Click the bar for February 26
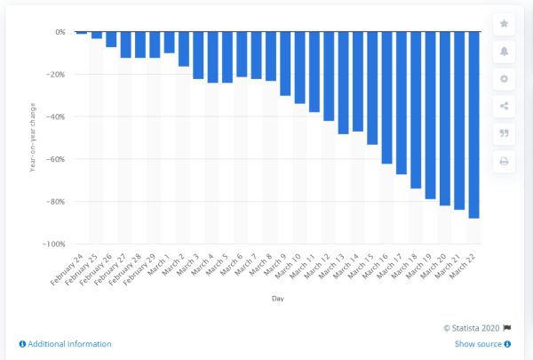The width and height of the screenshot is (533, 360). click(111, 39)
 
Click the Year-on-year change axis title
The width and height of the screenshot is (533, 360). click(32, 138)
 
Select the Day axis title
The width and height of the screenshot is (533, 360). click(278, 300)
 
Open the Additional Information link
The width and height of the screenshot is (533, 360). click(65, 344)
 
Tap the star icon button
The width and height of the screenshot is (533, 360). click(505, 23)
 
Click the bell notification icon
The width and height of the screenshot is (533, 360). click(505, 51)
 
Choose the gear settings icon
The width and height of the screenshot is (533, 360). click(505, 78)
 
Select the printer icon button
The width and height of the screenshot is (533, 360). click(505, 161)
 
